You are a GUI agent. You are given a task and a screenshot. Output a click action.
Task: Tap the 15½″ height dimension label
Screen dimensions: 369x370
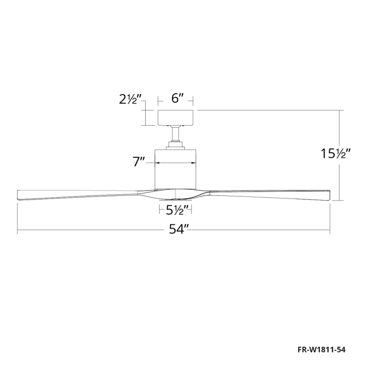(336, 154)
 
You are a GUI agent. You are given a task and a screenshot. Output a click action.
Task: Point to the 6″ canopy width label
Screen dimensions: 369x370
(177, 99)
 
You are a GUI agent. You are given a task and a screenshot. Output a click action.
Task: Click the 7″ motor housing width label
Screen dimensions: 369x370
(139, 162)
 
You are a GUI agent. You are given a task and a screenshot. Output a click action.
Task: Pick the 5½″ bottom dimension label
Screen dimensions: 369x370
(175, 210)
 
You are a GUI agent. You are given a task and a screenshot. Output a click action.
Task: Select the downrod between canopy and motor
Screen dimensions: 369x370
(176, 136)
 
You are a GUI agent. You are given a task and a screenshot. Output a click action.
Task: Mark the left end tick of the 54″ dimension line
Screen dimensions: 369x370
(18, 230)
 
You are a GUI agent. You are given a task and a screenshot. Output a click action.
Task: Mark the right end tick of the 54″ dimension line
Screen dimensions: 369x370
(330, 230)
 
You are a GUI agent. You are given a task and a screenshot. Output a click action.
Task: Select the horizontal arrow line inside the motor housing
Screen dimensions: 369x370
(176, 163)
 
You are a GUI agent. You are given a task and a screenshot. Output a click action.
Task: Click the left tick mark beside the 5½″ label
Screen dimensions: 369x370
(160, 210)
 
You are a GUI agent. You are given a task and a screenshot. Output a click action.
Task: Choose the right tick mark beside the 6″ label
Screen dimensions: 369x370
(193, 99)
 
